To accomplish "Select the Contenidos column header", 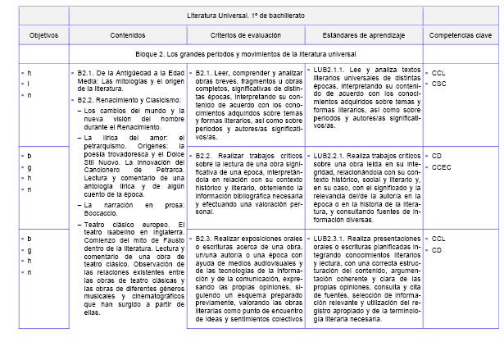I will tap(128, 36).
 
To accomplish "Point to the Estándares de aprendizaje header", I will tap(363, 36).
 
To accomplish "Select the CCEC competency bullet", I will tap(443, 166).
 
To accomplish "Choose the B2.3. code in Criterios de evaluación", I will tap(206, 239).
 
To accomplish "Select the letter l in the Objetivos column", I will tap(30, 84).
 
